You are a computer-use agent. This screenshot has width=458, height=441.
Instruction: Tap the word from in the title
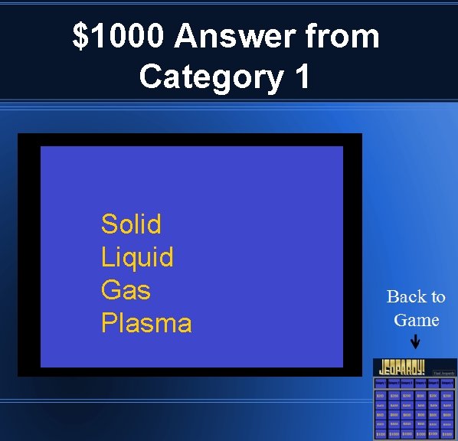(342, 37)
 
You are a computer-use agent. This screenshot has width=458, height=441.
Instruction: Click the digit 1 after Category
(302, 77)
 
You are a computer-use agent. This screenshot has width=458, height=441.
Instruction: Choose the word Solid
(131, 224)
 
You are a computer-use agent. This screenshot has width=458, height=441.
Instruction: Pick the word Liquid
(137, 257)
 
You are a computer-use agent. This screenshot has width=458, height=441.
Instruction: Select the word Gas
(126, 290)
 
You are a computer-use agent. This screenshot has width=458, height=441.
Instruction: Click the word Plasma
(146, 323)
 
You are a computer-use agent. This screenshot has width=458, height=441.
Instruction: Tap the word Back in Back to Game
(406, 296)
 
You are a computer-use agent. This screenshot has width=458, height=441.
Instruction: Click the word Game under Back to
(416, 320)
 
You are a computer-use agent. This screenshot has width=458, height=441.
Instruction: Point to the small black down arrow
(415, 342)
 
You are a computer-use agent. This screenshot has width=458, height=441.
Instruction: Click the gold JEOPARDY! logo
(404, 367)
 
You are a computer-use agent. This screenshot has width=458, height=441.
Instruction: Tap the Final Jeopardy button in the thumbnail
(445, 373)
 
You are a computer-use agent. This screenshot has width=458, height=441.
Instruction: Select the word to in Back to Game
(437, 296)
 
